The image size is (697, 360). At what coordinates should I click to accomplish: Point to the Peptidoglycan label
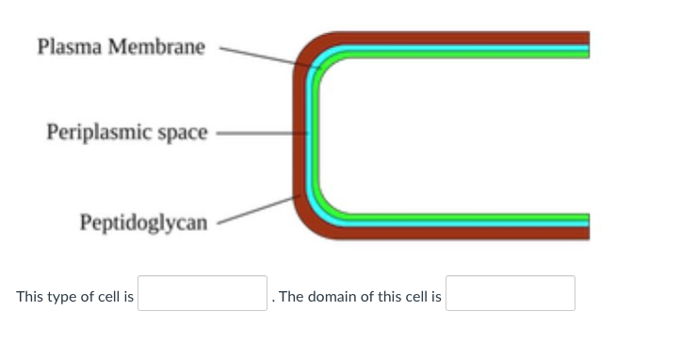143,223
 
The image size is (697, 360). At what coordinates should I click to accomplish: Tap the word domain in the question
331,297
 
